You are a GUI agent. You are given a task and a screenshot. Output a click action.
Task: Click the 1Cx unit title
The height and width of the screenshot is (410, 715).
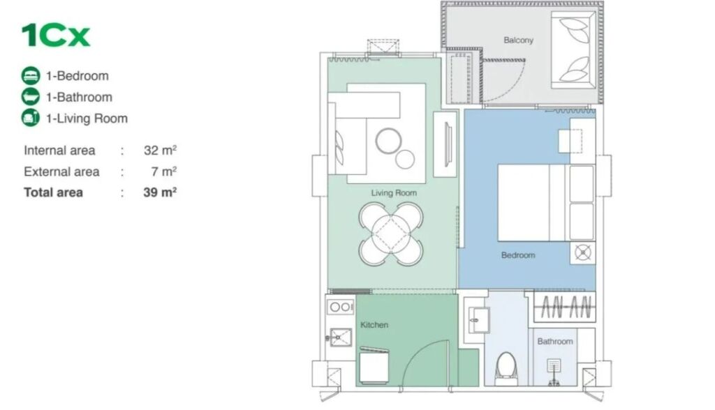(56, 35)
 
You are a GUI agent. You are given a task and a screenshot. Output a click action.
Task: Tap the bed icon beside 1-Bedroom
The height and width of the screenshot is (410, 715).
(31, 75)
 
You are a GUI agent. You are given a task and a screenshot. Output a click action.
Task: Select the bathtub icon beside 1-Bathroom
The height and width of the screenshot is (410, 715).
(31, 97)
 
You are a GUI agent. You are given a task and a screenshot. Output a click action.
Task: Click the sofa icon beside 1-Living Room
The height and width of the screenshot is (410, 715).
(31, 118)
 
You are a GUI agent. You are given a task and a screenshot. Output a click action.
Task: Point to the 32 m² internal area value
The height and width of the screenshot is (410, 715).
(160, 150)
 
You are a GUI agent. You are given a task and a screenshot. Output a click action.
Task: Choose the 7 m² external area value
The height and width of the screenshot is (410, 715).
(163, 172)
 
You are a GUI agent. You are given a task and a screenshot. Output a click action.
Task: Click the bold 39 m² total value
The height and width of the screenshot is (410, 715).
(160, 192)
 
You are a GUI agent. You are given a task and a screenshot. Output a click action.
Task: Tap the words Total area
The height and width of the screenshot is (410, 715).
(53, 192)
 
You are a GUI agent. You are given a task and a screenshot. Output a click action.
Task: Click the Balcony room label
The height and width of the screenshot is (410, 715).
(519, 40)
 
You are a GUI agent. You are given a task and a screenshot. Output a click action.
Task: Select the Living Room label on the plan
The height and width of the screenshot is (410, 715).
(394, 192)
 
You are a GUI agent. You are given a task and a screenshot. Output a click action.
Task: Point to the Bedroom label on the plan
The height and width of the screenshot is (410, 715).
(518, 255)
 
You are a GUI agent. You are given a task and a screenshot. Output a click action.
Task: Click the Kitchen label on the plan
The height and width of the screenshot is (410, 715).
(374, 325)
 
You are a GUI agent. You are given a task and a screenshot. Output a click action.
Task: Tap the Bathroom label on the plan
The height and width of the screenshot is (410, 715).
(555, 341)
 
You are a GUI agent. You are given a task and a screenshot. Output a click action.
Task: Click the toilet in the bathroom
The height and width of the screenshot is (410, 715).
(506, 367)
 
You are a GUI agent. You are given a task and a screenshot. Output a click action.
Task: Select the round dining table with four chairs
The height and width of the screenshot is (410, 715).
(391, 234)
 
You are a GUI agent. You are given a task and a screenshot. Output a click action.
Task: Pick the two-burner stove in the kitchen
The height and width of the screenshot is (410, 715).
(341, 307)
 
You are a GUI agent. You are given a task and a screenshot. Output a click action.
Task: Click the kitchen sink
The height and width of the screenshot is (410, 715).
(340, 337)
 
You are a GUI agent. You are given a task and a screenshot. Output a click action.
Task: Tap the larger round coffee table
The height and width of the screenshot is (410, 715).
(388, 142)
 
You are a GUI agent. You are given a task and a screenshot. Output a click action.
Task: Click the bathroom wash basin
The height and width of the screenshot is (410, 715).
(478, 319)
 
